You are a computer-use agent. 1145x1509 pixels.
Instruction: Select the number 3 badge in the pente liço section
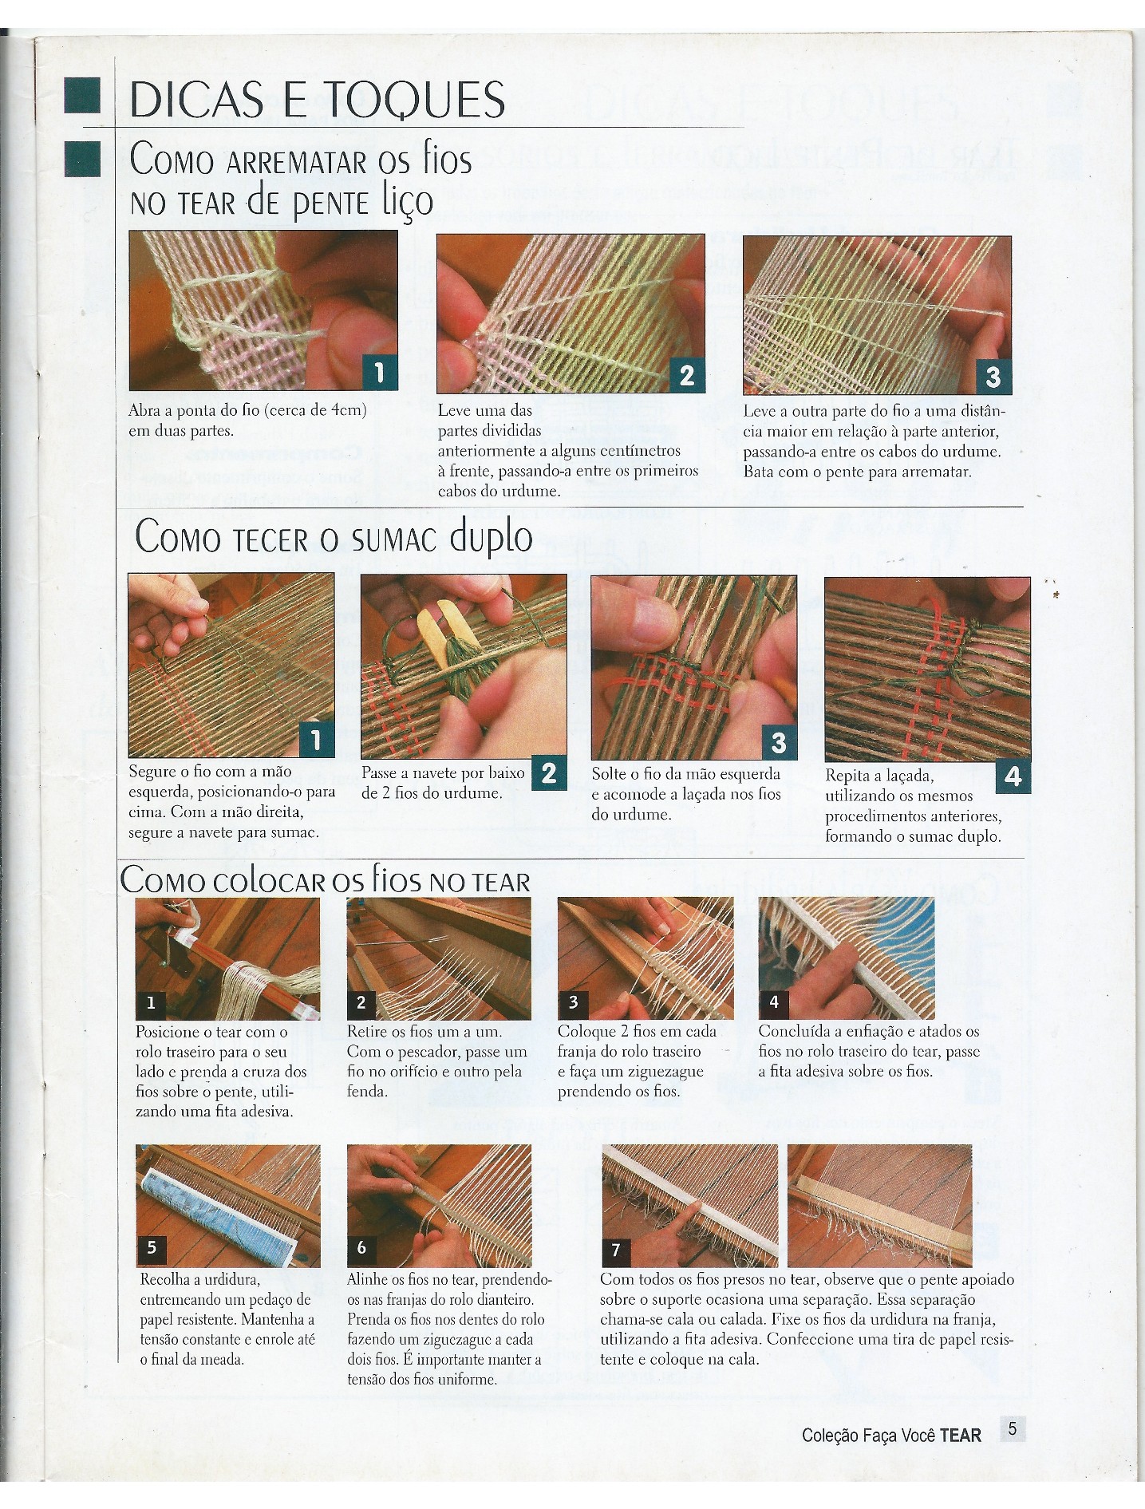[x=993, y=376]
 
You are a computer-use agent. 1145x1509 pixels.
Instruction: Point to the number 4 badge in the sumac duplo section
[x=1013, y=776]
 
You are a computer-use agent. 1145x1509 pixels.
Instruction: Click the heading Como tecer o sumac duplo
[x=334, y=536]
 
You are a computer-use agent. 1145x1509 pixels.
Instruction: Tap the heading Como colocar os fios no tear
[x=326, y=880]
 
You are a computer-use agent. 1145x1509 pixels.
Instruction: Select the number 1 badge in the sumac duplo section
[x=316, y=741]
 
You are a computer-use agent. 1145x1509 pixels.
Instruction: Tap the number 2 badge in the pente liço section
[x=686, y=375]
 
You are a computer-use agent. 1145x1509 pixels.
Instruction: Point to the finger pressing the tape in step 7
[x=685, y=1221]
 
